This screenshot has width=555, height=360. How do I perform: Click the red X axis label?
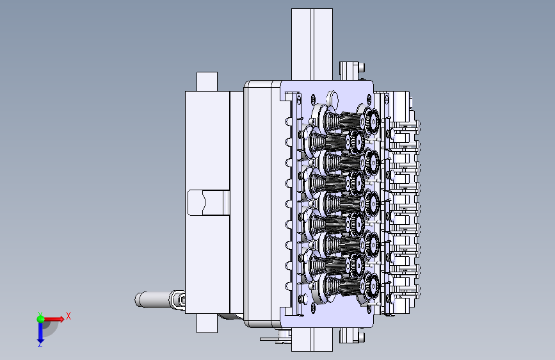click(x=68, y=316)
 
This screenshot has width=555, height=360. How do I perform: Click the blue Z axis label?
click(x=40, y=344)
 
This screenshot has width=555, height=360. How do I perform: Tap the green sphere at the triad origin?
click(x=41, y=319)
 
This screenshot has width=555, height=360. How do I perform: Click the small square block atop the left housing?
click(x=207, y=81)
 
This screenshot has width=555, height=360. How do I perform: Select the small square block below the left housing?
click(x=207, y=323)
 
